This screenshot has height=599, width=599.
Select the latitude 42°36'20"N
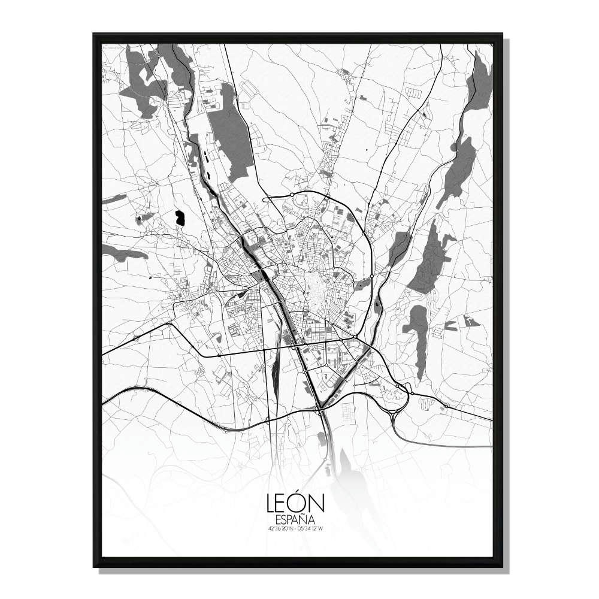[282, 528]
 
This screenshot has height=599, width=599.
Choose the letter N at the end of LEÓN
[316, 504]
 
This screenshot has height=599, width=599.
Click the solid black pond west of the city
[180, 218]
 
